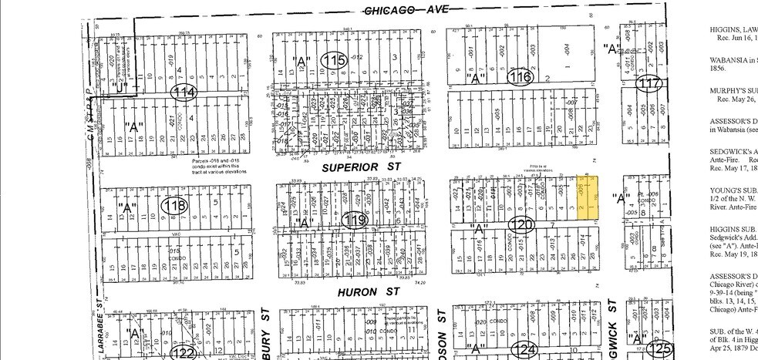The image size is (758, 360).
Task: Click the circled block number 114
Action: [184, 93]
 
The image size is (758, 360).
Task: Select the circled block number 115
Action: [335, 61]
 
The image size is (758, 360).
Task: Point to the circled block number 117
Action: [652, 83]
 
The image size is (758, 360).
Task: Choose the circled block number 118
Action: [176, 206]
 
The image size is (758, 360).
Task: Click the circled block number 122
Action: [184, 352]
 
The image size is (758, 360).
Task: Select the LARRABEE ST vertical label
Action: [101, 332]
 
